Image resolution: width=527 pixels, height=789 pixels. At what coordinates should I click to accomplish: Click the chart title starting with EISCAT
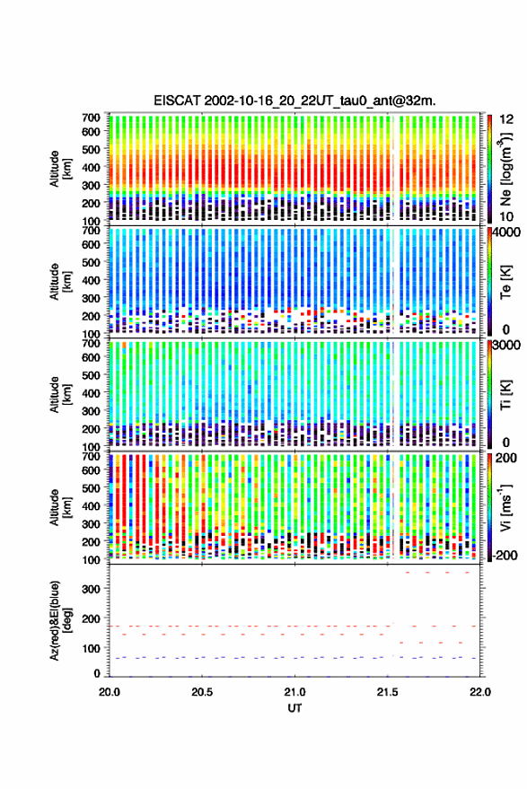coord(295,101)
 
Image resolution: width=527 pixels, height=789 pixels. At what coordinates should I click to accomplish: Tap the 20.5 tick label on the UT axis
coord(202,692)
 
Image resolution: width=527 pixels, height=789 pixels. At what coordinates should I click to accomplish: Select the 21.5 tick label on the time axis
coord(387,692)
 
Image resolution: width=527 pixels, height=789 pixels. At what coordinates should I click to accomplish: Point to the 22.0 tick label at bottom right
coord(480,692)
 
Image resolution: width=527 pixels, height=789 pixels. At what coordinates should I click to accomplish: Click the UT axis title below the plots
coord(295,708)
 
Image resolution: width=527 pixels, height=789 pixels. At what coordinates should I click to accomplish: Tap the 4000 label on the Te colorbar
coord(506,233)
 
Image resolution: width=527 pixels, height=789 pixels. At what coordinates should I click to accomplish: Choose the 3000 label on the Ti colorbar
coord(506,346)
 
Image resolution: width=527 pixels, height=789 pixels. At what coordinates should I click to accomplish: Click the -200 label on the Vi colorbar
coord(505,555)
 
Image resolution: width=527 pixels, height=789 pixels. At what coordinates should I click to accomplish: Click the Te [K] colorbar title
coord(505,282)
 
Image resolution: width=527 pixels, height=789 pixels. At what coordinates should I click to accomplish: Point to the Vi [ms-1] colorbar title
coord(505,507)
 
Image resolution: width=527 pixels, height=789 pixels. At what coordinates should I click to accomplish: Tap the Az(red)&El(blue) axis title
coord(58,620)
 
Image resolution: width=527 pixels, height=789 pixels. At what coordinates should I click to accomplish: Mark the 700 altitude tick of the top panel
coord(92,118)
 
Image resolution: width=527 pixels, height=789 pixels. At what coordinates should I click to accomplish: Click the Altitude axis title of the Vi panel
coord(59,507)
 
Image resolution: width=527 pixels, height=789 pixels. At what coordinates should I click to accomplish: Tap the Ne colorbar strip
coord(489,168)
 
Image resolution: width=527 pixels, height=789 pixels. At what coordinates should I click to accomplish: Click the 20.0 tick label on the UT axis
coord(110,692)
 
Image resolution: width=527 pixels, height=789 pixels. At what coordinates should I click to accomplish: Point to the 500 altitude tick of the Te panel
coord(92,262)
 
